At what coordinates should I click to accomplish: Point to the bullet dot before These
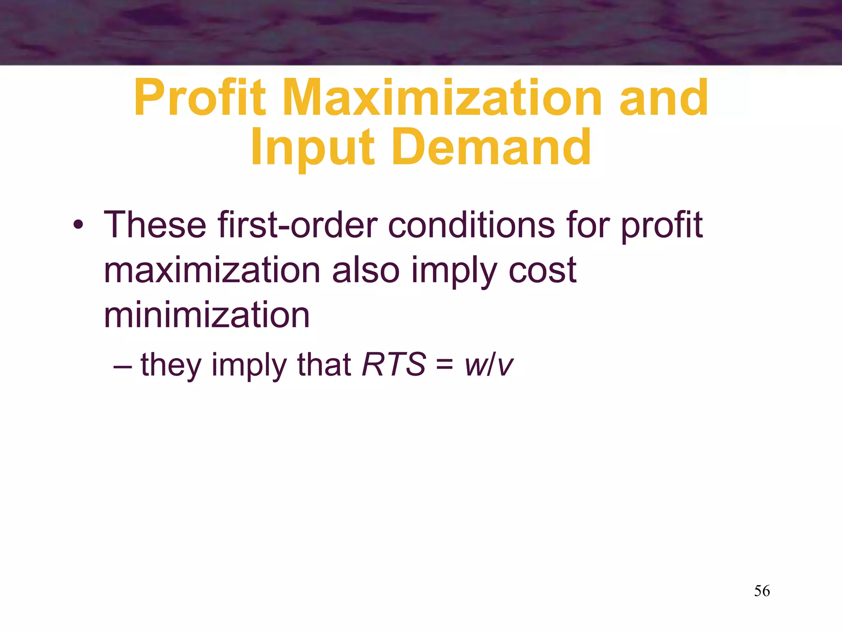[78, 226]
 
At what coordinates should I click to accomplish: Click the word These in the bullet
[155, 225]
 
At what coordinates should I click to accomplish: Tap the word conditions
[471, 225]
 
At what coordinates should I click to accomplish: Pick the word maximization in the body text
[212, 270]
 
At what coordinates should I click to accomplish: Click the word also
[365, 270]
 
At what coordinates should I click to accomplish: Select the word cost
[542, 271]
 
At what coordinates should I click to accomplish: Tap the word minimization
[206, 316]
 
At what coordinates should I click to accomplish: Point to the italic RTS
[393, 365]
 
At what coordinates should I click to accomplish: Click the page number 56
[762, 591]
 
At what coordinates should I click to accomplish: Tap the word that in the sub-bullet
[324, 365]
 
